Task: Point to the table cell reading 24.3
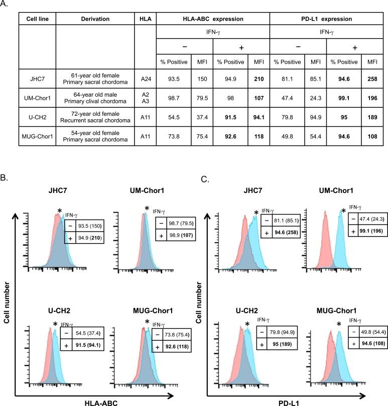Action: coord(316,98)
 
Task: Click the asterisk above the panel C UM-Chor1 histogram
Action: coord(343,211)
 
